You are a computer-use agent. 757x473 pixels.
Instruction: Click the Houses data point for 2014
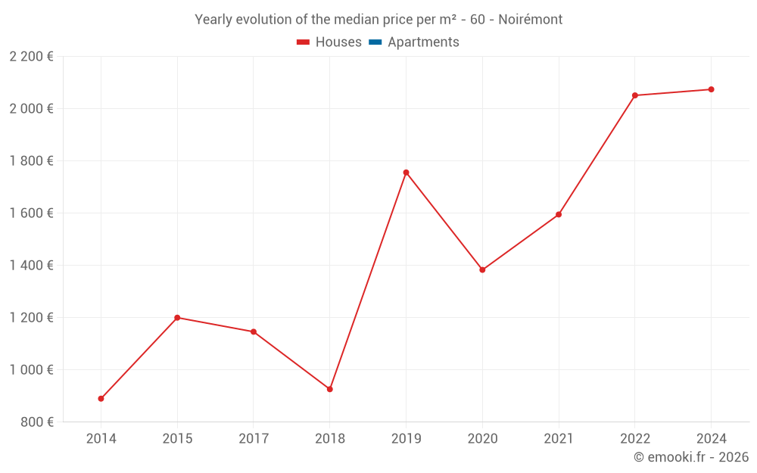pyautogui.click(x=101, y=399)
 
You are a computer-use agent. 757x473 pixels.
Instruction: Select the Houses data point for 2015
pyautogui.click(x=177, y=318)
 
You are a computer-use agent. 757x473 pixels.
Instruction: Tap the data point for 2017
pyautogui.click(x=254, y=331)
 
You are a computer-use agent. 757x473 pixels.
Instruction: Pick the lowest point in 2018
pyautogui.click(x=330, y=389)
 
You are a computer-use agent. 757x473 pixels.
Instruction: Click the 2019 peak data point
pyautogui.click(x=406, y=173)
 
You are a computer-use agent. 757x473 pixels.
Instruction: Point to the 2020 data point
pyautogui.click(x=482, y=269)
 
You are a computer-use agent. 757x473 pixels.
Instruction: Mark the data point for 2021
pyautogui.click(x=559, y=214)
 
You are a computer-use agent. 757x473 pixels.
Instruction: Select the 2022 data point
pyautogui.click(x=635, y=95)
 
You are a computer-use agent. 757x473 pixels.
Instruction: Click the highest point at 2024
pyautogui.click(x=711, y=89)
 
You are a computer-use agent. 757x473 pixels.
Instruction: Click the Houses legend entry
pyautogui.click(x=329, y=42)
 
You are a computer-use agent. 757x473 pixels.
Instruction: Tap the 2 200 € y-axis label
pyautogui.click(x=31, y=57)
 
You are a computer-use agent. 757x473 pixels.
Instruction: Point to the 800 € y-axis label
pyautogui.click(x=36, y=422)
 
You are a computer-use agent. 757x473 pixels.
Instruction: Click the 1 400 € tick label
pyautogui.click(x=31, y=266)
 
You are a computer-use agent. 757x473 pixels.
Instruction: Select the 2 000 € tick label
pyautogui.click(x=31, y=109)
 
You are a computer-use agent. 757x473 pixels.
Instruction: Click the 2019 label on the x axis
pyautogui.click(x=406, y=439)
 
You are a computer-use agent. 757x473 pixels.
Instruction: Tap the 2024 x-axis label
pyautogui.click(x=711, y=439)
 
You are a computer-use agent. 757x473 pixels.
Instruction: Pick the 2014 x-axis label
pyautogui.click(x=101, y=439)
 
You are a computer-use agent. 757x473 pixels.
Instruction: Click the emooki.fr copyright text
pyautogui.click(x=691, y=457)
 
